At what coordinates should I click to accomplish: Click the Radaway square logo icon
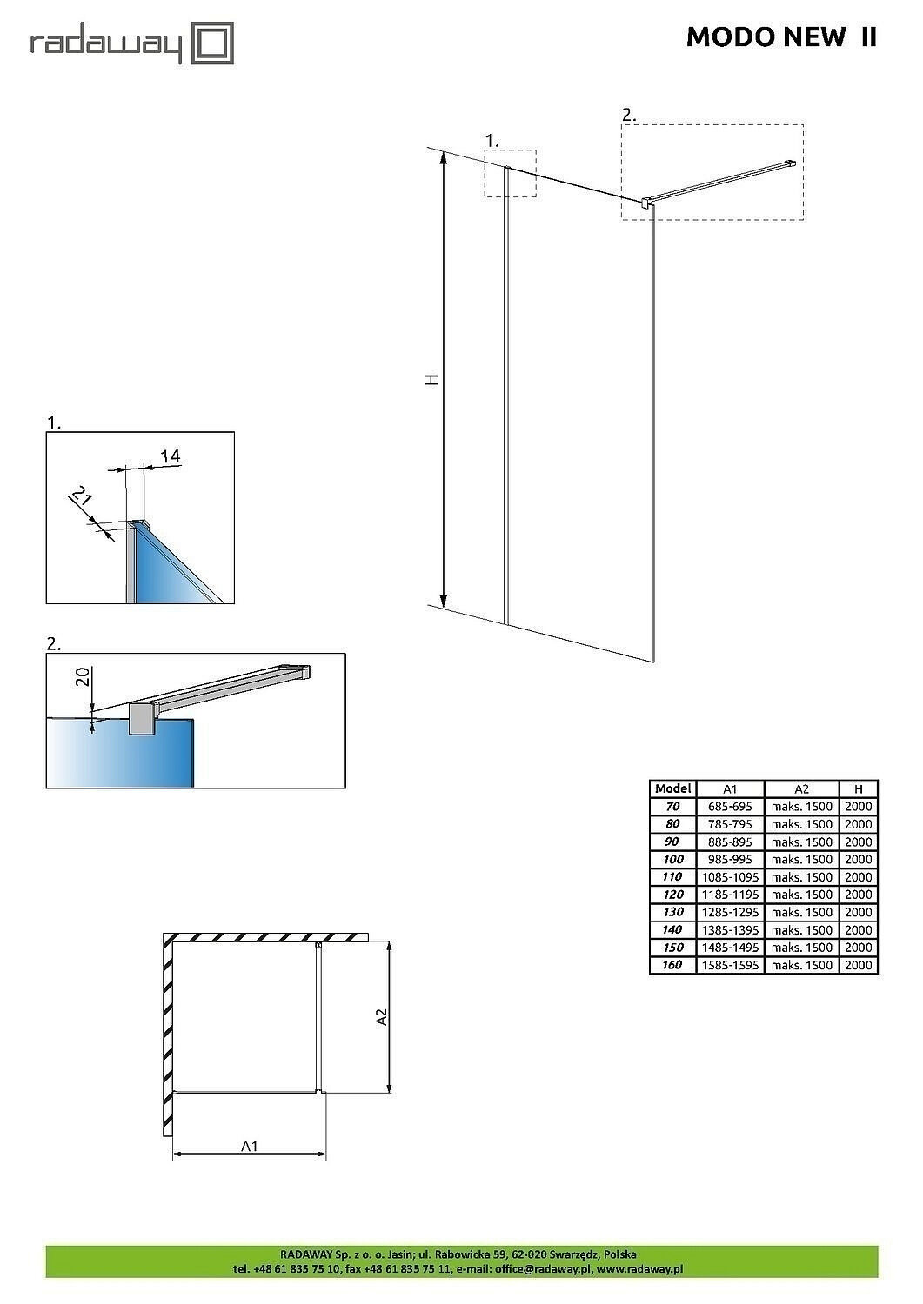pos(213,43)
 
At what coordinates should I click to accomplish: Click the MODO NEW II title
pos(781,37)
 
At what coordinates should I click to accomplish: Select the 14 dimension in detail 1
pos(170,456)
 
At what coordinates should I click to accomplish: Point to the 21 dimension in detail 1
pos(82,498)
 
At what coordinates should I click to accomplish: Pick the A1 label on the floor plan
pos(250,1146)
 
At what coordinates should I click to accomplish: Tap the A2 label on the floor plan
pos(380,1016)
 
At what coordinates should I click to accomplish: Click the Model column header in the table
pos(672,788)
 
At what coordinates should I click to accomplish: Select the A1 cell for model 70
pos(730,807)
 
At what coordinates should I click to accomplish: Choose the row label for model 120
pos(672,895)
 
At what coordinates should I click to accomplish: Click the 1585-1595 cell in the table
pos(730,965)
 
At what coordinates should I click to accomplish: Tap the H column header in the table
pos(859,788)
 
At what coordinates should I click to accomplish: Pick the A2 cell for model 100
pos(801,859)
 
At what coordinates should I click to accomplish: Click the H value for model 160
pos(859,965)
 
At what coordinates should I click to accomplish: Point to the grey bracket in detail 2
pos(141,720)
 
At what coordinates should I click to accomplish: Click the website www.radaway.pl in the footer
pos(639,1268)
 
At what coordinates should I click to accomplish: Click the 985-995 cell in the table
pos(730,859)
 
